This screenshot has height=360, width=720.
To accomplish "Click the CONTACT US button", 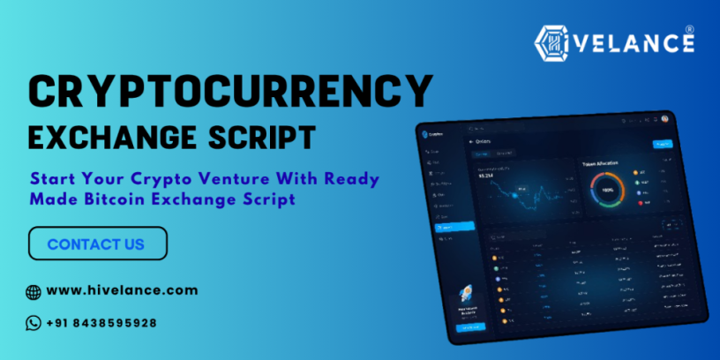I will pos(97,244).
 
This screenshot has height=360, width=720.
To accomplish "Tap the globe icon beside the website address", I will pos(34,291).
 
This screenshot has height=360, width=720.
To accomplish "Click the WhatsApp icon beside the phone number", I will pos(34,323).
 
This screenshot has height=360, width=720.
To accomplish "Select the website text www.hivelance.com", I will pos(122,290).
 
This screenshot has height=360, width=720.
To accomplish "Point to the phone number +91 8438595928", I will pos(101,323).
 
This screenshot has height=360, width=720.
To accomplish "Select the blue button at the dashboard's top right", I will pos(662,144).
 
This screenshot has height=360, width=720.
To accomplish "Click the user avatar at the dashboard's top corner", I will pos(664,119).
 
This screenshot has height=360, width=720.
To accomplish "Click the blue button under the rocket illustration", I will pos(469,327).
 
